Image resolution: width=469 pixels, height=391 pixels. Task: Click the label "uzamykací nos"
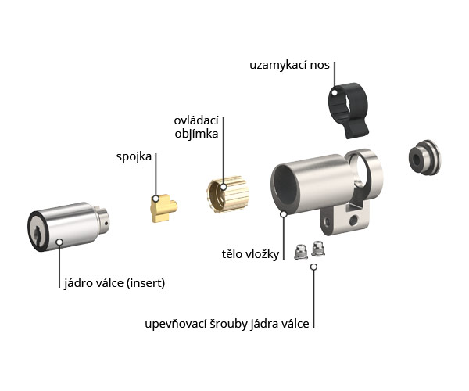[x=289, y=65]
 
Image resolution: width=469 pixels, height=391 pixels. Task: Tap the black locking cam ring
[x=349, y=110]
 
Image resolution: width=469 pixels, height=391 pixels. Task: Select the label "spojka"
[x=134, y=156]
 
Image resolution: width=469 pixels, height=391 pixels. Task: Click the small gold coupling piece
[x=164, y=208]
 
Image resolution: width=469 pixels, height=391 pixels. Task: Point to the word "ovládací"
[x=196, y=120]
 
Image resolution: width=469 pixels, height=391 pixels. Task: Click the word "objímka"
[x=196, y=134]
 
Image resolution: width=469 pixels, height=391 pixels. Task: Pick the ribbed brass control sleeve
[x=228, y=194]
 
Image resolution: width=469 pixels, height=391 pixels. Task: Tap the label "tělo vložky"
[x=250, y=254]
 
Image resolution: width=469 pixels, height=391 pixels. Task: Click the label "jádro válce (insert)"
[x=115, y=283]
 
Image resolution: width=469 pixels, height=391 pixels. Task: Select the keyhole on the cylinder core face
[x=38, y=233]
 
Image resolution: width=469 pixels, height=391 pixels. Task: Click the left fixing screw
[x=301, y=252]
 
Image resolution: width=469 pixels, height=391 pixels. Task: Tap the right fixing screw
[x=318, y=249]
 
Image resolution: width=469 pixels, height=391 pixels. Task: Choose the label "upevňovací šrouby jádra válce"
[x=227, y=324]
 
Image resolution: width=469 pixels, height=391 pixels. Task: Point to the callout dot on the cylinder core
[x=59, y=242]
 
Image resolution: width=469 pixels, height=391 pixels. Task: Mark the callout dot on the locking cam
[x=335, y=92]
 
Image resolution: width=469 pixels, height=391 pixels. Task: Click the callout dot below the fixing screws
[x=313, y=267]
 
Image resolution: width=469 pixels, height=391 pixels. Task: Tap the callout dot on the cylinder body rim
[x=283, y=214]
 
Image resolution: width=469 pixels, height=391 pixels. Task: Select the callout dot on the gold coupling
[x=156, y=199]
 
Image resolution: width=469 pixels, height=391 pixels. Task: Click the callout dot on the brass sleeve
[x=224, y=187]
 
